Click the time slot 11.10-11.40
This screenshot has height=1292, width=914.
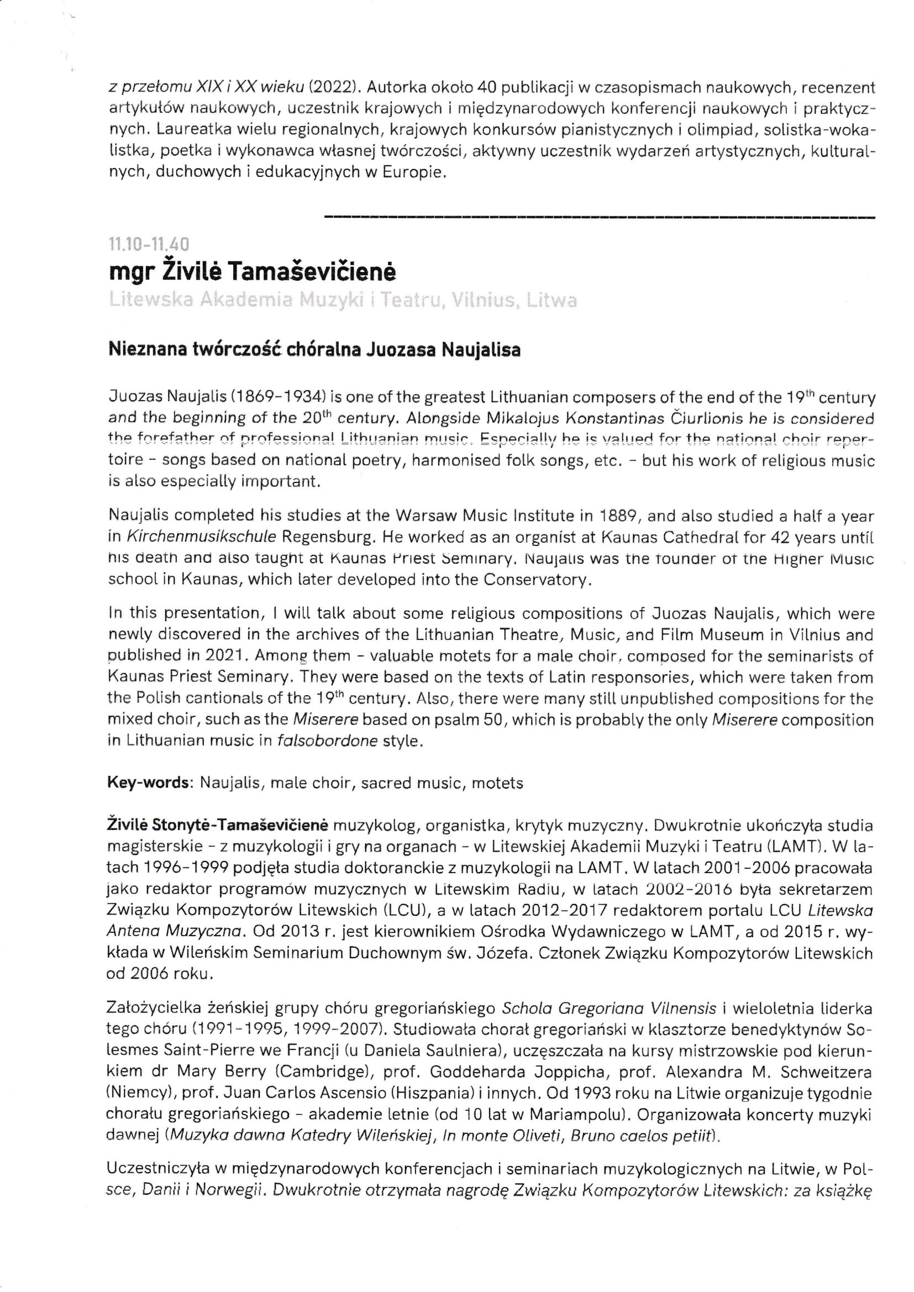tap(149, 244)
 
